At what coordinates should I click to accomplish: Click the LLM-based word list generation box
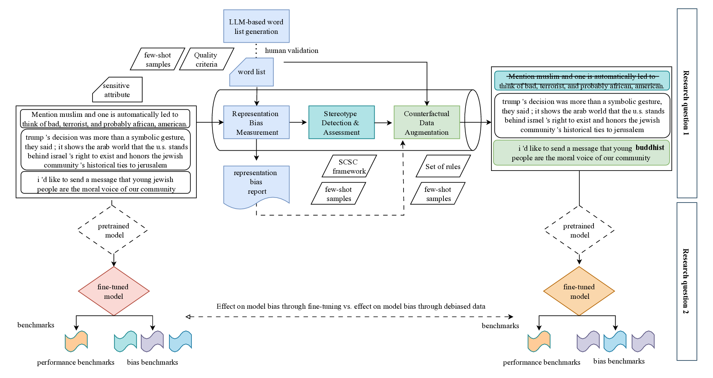(x=256, y=26)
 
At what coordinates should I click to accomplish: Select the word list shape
(x=252, y=72)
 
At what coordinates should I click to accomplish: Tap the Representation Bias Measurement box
(x=256, y=123)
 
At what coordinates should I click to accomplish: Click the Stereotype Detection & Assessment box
(x=341, y=123)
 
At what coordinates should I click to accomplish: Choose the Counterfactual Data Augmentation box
(x=427, y=123)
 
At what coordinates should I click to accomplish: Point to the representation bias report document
(x=256, y=185)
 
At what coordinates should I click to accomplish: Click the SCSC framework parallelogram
(x=349, y=166)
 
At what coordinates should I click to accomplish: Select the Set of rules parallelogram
(x=443, y=166)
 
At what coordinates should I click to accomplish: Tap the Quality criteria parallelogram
(x=206, y=59)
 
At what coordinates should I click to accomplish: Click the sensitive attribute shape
(x=117, y=90)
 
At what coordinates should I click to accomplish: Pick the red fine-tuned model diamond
(x=113, y=291)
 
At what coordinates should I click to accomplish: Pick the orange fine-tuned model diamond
(x=579, y=291)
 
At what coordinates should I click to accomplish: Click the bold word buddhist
(x=650, y=148)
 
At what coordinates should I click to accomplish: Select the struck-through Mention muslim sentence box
(x=582, y=81)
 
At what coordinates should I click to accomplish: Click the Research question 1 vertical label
(x=686, y=103)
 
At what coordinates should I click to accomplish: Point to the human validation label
(x=292, y=51)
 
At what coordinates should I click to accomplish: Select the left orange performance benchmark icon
(x=76, y=341)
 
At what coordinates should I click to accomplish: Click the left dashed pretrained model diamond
(x=113, y=230)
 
